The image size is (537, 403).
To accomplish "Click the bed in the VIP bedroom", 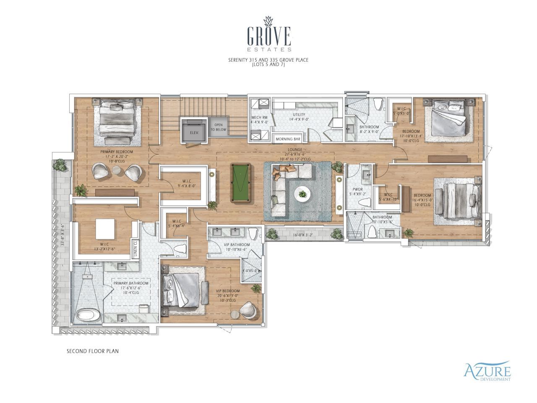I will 184,290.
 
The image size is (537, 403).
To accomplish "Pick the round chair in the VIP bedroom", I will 247,309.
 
